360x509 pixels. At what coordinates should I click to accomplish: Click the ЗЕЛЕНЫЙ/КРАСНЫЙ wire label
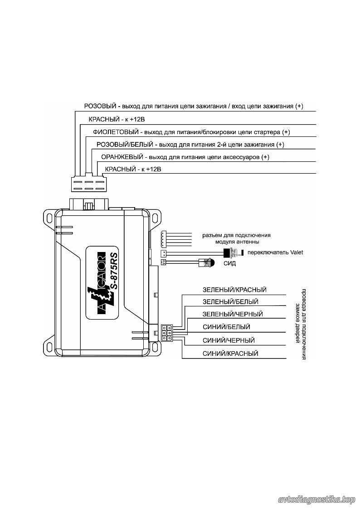coord(234,290)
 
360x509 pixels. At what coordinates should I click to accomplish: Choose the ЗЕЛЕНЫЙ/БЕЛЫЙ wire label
coord(230,302)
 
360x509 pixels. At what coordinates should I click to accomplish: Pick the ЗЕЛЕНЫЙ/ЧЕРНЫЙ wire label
coord(233,314)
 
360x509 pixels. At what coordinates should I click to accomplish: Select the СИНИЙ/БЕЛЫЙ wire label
coord(226,327)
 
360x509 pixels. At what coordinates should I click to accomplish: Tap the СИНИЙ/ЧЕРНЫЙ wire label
coord(229,340)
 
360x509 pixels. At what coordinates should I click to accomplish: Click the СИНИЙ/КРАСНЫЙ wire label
coord(230,354)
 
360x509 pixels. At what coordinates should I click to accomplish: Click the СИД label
coord(229,263)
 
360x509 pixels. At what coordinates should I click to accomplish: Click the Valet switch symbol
coord(234,252)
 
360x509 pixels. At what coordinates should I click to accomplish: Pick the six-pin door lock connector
coord(166,332)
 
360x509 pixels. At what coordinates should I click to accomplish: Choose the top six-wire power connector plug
coord(88,184)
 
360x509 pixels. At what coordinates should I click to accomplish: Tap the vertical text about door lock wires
coord(301,324)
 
